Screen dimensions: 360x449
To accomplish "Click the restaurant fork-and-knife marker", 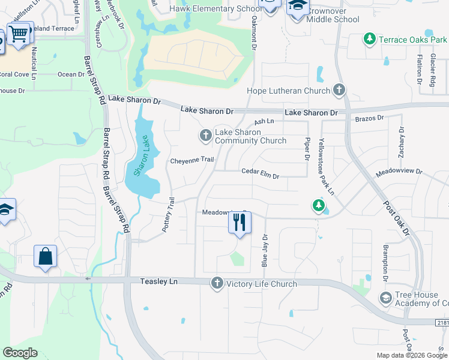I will pyautogui.click(x=240, y=223).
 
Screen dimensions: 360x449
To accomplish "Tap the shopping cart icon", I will pyautogui.click(x=19, y=34).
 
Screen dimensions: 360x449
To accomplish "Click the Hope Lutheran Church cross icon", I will pyautogui.click(x=339, y=91).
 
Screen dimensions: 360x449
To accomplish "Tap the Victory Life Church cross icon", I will pyautogui.click(x=217, y=283).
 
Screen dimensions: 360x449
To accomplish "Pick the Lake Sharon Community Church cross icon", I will pyautogui.click(x=205, y=136).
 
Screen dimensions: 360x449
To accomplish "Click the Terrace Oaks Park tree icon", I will pyautogui.click(x=370, y=40).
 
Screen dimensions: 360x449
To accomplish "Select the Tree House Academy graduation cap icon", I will pyautogui.click(x=385, y=298).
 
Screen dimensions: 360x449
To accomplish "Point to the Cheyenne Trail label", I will pyautogui.click(x=192, y=160).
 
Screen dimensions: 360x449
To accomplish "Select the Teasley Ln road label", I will pyautogui.click(x=159, y=281).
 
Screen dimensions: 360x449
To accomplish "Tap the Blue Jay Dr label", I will pyautogui.click(x=264, y=250).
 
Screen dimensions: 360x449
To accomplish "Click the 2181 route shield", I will pyautogui.click(x=442, y=323).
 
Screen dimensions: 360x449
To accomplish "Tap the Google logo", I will pyautogui.click(x=20, y=353).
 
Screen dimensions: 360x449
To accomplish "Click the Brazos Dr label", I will pyautogui.click(x=369, y=119).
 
